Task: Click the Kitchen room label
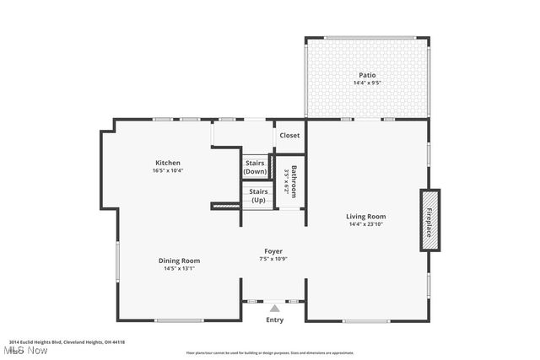pyautogui.click(x=167, y=163)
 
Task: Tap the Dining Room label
pyautogui.click(x=179, y=261)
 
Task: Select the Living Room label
pyautogui.click(x=367, y=217)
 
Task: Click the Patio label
pyautogui.click(x=367, y=76)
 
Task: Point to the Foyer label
pyautogui.click(x=273, y=251)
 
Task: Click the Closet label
pyautogui.click(x=289, y=135)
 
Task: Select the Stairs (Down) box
pyautogui.click(x=255, y=167)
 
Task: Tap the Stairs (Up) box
pyautogui.click(x=257, y=196)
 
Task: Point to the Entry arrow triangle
pyautogui.click(x=274, y=309)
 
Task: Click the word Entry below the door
pyautogui.click(x=275, y=320)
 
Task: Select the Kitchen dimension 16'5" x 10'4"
pyautogui.click(x=167, y=170)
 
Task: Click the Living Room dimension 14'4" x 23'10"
pyautogui.click(x=367, y=224)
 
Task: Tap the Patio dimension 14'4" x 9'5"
pyautogui.click(x=367, y=83)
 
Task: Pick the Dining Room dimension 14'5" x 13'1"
pyautogui.click(x=179, y=268)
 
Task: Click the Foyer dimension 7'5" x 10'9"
pyautogui.click(x=273, y=259)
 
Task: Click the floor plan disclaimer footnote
pyautogui.click(x=270, y=352)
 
